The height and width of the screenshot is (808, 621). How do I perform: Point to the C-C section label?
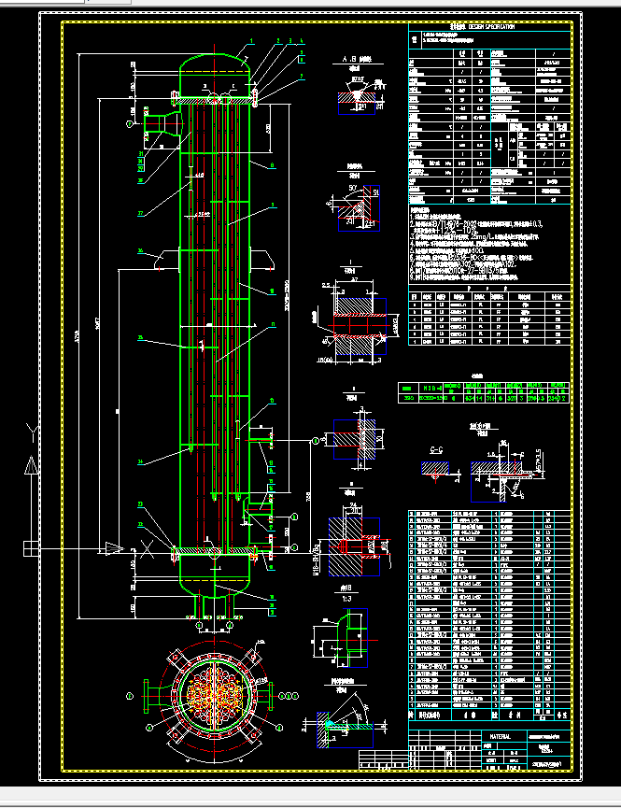(x=435, y=450)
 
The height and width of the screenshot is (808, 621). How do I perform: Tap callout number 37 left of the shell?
(x=141, y=214)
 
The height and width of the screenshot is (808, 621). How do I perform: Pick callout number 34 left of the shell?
(x=140, y=461)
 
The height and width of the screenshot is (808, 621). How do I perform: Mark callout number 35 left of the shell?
(x=140, y=337)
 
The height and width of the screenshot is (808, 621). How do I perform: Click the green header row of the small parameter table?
(x=479, y=385)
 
